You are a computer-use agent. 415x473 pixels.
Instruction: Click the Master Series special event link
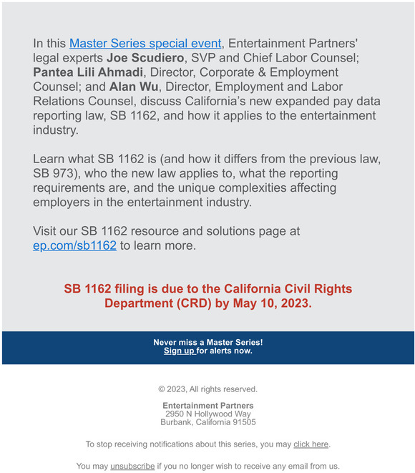[x=145, y=43]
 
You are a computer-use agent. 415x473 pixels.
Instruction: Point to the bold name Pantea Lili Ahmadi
[x=88, y=72]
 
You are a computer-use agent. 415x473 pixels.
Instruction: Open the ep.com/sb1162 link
[x=74, y=245]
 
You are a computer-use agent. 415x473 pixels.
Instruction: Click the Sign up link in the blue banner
[x=179, y=351]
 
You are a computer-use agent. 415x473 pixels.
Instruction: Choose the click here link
[x=311, y=444]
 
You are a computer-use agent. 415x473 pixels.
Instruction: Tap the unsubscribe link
[x=132, y=466]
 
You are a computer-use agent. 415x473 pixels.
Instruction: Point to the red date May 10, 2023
[x=270, y=303]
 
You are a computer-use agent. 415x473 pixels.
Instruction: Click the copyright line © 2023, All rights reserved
[x=207, y=389]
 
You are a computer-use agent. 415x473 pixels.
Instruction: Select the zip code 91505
[x=243, y=422]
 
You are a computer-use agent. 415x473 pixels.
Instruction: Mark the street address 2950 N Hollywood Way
[x=207, y=414]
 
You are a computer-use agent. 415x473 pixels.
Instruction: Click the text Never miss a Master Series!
[x=207, y=343]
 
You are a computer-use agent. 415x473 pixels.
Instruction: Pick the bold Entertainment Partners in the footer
[x=207, y=406]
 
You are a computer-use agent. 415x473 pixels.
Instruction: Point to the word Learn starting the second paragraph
[x=49, y=159]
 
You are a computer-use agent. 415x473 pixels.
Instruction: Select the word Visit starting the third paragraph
[x=47, y=231]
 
